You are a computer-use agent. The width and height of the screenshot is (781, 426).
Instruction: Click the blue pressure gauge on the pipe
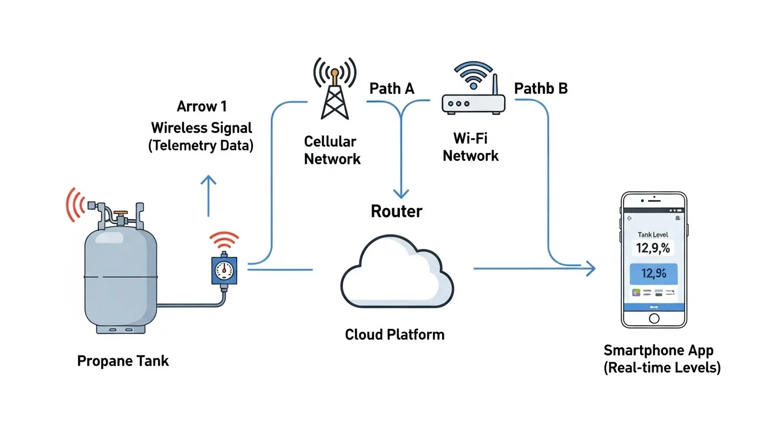pyautogui.click(x=224, y=271)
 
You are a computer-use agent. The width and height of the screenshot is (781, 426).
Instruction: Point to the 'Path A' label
pyautogui.click(x=392, y=89)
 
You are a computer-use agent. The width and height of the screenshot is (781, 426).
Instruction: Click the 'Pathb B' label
pyautogui.click(x=541, y=89)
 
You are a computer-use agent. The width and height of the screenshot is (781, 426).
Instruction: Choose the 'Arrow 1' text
pyautogui.click(x=202, y=106)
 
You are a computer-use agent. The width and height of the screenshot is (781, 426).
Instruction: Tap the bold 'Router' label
pyautogui.click(x=396, y=211)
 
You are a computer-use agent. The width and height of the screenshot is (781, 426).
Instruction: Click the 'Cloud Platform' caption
pyautogui.click(x=394, y=334)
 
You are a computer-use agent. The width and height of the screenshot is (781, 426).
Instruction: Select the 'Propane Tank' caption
pyautogui.click(x=123, y=361)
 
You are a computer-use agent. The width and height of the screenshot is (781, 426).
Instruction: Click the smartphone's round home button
pyautogui.click(x=654, y=318)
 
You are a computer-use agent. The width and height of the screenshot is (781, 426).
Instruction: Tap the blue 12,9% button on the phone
pyautogui.click(x=653, y=273)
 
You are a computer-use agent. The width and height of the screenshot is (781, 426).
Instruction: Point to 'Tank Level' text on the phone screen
pyautogui.click(x=653, y=235)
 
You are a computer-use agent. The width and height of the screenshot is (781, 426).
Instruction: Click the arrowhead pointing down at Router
pyautogui.click(x=400, y=194)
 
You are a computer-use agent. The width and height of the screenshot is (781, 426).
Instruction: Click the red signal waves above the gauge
pyautogui.click(x=224, y=241)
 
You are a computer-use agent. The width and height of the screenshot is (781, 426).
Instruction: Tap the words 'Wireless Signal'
pyautogui.click(x=202, y=128)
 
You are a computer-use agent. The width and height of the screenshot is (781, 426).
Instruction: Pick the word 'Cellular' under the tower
pyautogui.click(x=331, y=141)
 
